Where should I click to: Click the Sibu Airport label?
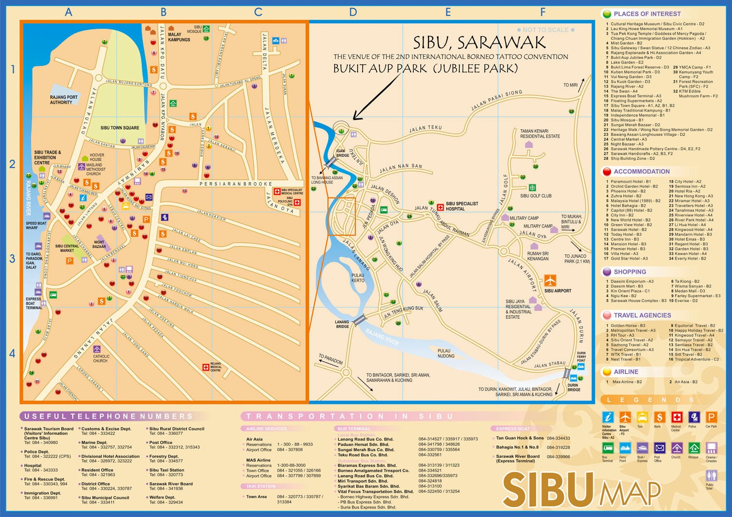(557, 291)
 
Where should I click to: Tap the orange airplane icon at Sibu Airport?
(550, 281)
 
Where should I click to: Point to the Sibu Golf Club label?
(536, 196)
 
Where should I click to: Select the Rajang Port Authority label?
(63, 100)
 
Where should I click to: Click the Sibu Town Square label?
(120, 128)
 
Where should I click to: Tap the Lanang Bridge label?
(342, 324)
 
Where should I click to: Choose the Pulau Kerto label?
(358, 278)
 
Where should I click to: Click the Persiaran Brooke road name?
(235, 184)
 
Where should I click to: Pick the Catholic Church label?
(101, 359)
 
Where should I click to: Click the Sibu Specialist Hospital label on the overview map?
(462, 206)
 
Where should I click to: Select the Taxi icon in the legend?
(642, 418)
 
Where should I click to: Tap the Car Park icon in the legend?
(711, 418)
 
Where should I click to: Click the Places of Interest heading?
(647, 14)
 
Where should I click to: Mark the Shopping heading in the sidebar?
(630, 272)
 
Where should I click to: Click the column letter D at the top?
(353, 12)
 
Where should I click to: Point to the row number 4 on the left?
(12, 353)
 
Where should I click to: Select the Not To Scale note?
(546, 30)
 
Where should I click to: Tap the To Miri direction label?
(570, 85)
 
